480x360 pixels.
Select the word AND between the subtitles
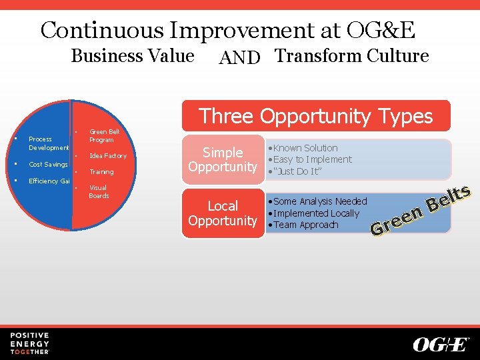click(239, 59)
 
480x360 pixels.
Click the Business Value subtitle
click(132, 56)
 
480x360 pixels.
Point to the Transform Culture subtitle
click(352, 56)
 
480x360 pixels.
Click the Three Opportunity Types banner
click(316, 116)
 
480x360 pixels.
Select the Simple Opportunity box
click(223, 159)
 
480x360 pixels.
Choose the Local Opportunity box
click(223, 213)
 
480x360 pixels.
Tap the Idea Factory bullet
click(107, 156)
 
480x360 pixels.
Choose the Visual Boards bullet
click(99, 192)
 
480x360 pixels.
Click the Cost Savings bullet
click(48, 165)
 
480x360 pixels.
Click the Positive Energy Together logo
click(29, 343)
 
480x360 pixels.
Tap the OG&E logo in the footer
click(441, 344)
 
